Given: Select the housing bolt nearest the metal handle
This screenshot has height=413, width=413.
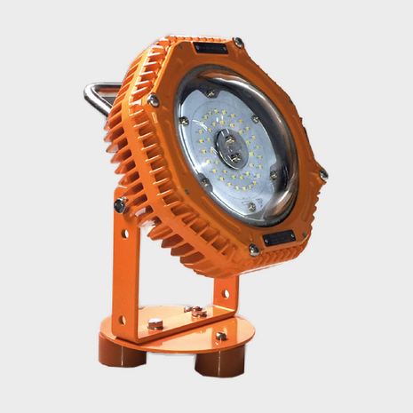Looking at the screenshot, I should point(154,101).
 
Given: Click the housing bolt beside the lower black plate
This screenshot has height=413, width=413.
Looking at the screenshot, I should point(255,250).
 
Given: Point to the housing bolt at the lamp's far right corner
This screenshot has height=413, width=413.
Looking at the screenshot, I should point(322,174).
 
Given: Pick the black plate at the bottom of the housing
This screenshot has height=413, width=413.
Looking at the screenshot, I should point(278,238).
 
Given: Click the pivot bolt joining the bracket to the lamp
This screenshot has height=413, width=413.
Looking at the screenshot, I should point(118,206).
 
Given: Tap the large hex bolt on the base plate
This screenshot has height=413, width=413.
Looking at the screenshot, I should point(155,324).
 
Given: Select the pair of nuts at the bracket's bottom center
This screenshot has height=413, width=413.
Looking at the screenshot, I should point(196,311).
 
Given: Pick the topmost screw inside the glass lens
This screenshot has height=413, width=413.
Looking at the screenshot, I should point(210,92).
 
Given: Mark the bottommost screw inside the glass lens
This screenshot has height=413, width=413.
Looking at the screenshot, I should point(250,206).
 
